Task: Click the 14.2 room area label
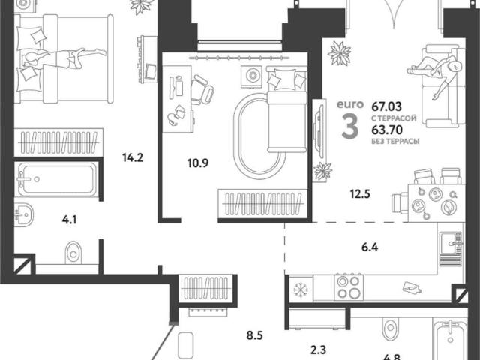pos(133,158)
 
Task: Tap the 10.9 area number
pos(198,163)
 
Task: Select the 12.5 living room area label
pos(360,193)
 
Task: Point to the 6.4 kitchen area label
pos(370,247)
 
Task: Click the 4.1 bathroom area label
pos(69,220)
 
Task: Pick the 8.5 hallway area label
pos(255,335)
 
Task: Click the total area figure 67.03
pos(387,106)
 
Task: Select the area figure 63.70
pos(387,130)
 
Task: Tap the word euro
pos(350,104)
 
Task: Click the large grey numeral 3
pos(350,126)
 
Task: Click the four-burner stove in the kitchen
pos(349,287)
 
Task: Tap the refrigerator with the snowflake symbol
pos(301,288)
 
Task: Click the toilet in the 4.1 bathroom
pos(73,253)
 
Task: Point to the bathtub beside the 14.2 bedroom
pos(57,179)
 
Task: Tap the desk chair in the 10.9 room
pos(202,89)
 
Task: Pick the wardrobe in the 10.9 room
pos(262,203)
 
